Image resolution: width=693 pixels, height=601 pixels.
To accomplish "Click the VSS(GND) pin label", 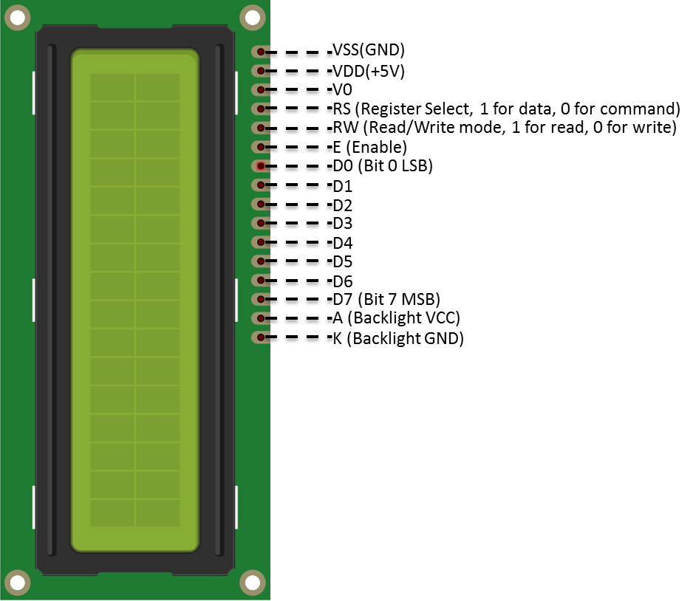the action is click(x=369, y=50).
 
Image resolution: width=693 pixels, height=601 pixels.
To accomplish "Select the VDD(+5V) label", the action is click(x=369, y=71).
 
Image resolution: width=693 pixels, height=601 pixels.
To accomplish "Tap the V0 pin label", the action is click(x=343, y=89).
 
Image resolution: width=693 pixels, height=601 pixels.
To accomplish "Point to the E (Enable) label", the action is click(x=370, y=147).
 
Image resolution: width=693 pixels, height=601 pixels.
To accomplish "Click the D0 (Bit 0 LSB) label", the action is click(x=383, y=166).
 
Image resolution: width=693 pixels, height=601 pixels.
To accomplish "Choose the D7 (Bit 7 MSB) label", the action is click(x=386, y=300).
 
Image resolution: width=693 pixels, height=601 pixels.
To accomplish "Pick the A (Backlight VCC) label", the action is click(x=397, y=318).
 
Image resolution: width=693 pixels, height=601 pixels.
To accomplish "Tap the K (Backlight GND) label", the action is click(x=398, y=338).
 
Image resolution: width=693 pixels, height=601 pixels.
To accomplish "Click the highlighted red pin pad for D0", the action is click(x=261, y=166).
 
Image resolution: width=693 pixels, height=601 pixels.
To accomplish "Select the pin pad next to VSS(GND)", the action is click(x=261, y=52).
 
